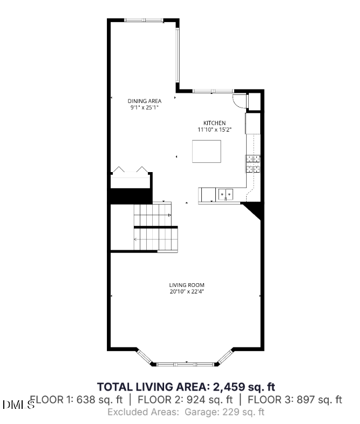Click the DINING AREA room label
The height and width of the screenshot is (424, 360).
click(x=144, y=101)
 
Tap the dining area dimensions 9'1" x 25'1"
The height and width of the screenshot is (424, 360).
click(x=144, y=107)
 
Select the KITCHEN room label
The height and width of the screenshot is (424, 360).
click(x=214, y=123)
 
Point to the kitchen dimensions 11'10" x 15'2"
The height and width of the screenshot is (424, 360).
click(x=214, y=129)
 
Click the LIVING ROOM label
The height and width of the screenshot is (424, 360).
click(x=187, y=285)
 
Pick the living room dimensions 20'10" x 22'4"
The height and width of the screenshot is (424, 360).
click(x=187, y=291)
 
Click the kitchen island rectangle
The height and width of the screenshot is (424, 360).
click(x=207, y=151)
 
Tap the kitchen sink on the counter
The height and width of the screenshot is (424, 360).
click(x=226, y=193)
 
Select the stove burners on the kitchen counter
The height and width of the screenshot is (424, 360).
click(x=253, y=162)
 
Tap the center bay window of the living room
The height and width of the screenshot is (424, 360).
click(x=186, y=364)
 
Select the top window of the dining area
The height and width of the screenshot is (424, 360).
click(x=144, y=20)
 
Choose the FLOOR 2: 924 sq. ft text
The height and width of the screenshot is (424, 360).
click(x=185, y=400)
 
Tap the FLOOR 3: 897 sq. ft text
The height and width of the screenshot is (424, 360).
click(x=294, y=400)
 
